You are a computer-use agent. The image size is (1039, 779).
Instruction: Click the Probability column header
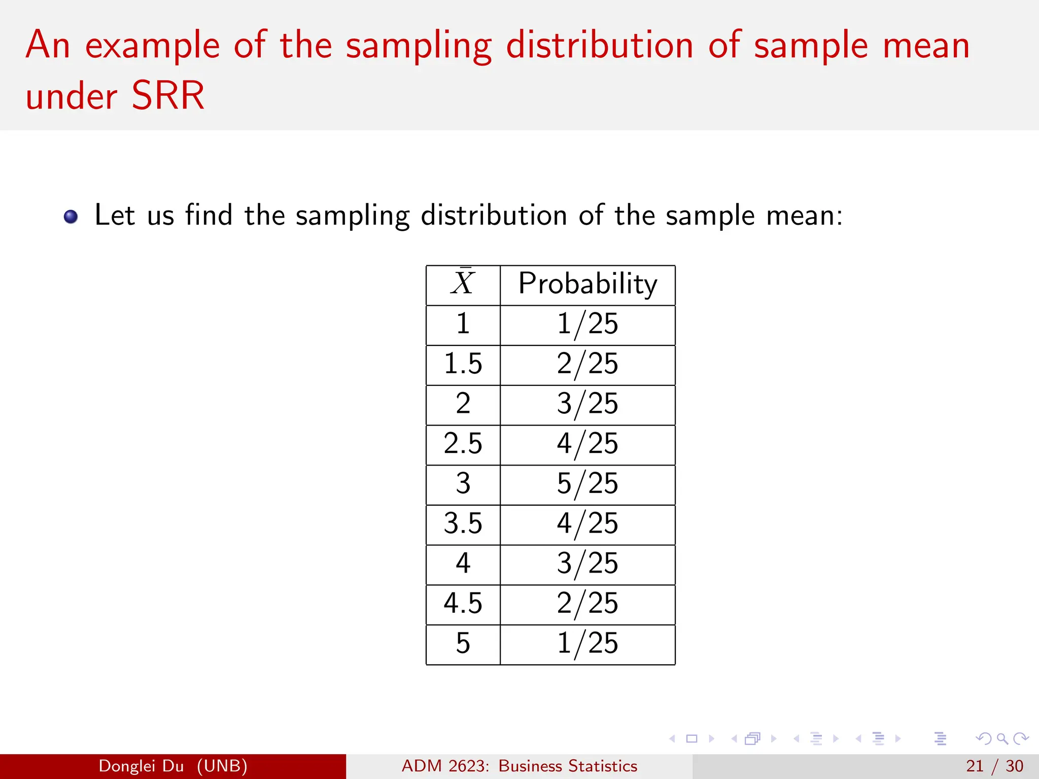click(x=587, y=284)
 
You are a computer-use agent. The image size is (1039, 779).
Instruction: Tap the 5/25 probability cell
click(x=587, y=484)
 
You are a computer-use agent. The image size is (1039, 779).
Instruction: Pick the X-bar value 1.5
click(x=463, y=364)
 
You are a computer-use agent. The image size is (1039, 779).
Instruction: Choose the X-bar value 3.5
click(x=463, y=524)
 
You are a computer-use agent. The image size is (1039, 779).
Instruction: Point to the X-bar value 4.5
click(x=463, y=604)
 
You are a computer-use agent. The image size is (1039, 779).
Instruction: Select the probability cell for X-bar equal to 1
click(x=587, y=324)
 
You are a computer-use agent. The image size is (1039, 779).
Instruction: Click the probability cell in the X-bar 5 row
click(x=587, y=644)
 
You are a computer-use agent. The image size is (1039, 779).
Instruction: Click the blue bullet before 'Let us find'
click(x=71, y=217)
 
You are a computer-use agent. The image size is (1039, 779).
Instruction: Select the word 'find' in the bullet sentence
click(x=209, y=215)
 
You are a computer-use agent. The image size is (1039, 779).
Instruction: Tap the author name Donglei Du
click(x=141, y=766)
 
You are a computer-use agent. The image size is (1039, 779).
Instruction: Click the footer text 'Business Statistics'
click(x=568, y=766)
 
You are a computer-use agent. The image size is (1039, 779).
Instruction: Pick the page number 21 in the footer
click(x=974, y=766)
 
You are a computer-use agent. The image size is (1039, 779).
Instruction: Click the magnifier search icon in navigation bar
click(x=1002, y=738)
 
